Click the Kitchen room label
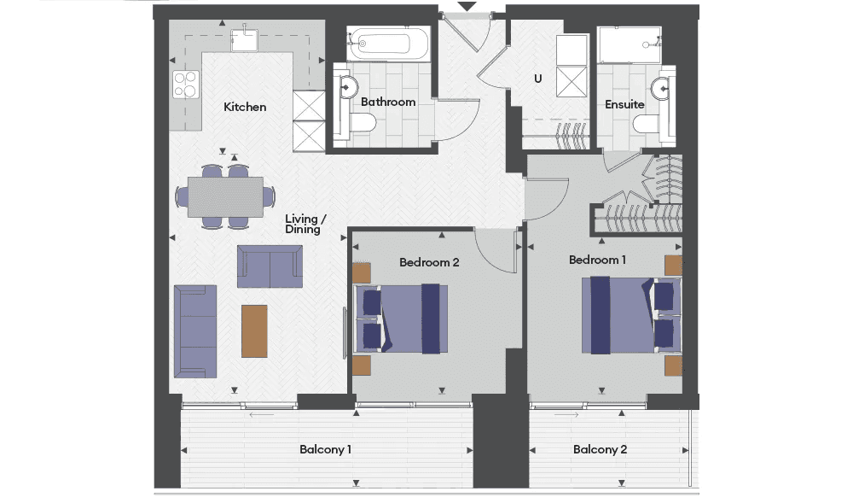pos(245,107)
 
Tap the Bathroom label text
pos(388,102)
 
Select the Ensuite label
pos(624,104)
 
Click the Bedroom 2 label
pos(429,262)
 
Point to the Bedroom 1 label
pos(597,260)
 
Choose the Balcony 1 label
pos(325,450)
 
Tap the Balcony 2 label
pos(600,450)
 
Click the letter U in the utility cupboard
pos(538,79)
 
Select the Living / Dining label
pos(305,224)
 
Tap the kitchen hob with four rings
pos(185,85)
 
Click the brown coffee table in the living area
pos(254,331)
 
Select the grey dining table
pos(226,196)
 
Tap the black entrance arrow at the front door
pos(467,7)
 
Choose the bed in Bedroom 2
pos(401,319)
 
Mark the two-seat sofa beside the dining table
pos(270,266)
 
